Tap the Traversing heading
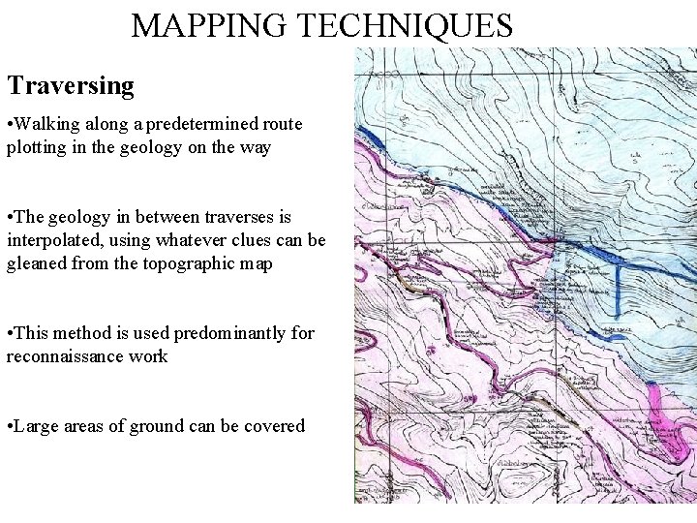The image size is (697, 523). pyautogui.click(x=71, y=85)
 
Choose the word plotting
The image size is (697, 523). pyautogui.click(x=36, y=147)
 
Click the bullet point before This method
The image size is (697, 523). pyautogui.click(x=11, y=333)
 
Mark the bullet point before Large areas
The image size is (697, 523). pyautogui.click(x=11, y=426)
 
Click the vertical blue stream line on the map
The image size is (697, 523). pyautogui.click(x=618, y=290)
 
